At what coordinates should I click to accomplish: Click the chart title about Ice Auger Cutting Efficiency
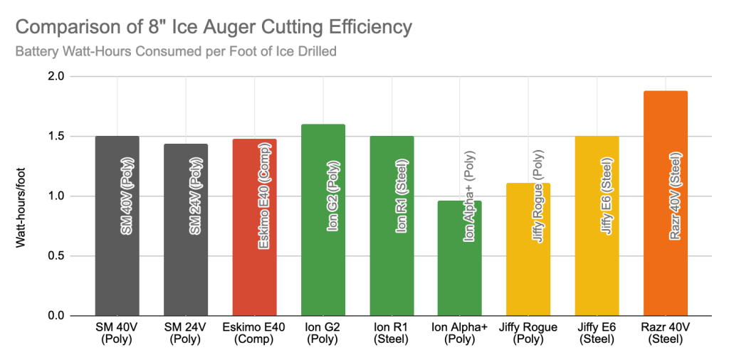tap(214, 28)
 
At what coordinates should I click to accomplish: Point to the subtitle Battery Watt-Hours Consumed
tap(175, 52)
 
